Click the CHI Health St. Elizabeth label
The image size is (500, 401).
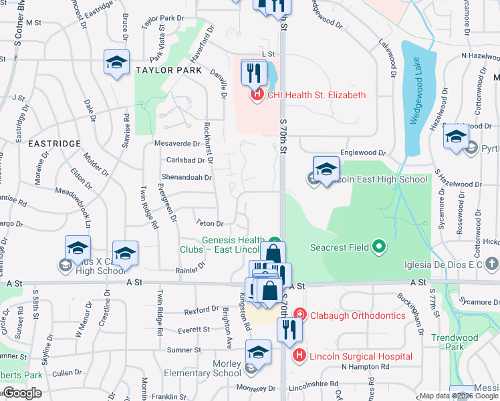316,95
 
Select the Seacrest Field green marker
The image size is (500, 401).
380,247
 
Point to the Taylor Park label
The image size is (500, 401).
169,70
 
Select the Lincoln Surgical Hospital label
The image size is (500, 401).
360,356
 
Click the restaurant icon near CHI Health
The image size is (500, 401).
253,73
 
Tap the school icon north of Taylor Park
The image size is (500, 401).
117,63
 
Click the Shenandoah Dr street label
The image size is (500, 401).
186,178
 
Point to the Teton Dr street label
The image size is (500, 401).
209,223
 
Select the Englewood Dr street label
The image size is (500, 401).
363,153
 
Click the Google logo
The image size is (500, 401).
22,394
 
